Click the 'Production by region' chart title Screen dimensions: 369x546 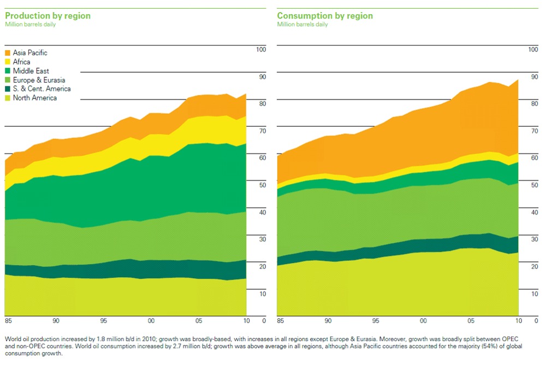(48, 16)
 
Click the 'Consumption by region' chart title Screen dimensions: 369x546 (325, 16)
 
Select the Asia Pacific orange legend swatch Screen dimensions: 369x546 (8, 53)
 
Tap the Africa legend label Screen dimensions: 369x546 (22, 62)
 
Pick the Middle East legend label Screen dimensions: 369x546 (31, 71)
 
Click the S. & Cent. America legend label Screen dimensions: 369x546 (41, 89)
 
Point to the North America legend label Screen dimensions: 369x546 (35, 98)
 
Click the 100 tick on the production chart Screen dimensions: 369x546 (260, 50)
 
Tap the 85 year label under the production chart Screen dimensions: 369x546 (8, 320)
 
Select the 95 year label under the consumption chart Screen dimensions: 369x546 (376, 320)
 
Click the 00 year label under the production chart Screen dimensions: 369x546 (151, 320)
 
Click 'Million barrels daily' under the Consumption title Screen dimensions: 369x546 (302, 25)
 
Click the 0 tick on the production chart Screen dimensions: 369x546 (264, 320)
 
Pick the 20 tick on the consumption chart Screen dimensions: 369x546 (534, 266)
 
